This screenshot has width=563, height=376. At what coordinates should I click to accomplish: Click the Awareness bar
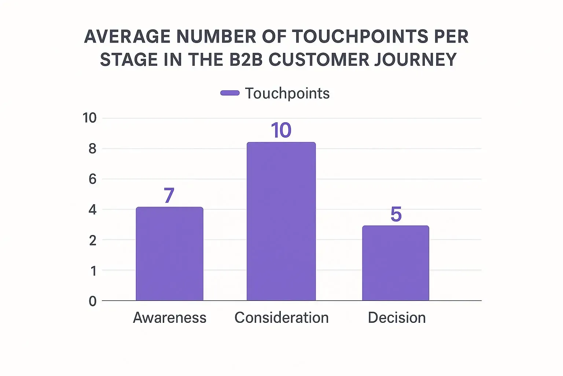169,254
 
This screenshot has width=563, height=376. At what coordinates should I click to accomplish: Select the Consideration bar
281,221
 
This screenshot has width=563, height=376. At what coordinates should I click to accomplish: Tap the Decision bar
395,263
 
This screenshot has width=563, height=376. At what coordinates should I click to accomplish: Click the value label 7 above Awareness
169,195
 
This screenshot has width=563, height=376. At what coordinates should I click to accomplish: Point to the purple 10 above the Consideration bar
281,130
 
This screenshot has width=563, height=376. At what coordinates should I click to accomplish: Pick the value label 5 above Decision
396,214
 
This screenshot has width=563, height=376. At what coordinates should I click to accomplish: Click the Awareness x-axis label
169,318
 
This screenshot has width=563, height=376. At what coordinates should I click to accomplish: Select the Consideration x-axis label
281,318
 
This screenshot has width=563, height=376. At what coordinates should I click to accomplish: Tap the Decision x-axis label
397,318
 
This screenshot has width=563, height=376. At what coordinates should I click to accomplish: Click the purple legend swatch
230,93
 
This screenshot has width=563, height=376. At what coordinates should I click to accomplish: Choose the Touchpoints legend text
287,93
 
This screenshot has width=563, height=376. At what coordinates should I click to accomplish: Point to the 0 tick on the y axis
93,301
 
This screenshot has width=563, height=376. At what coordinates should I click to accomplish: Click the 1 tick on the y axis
93,271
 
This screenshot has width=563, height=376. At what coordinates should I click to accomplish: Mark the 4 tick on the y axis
93,210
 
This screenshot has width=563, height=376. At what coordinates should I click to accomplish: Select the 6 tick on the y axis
93,179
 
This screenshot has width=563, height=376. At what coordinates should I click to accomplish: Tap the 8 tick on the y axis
93,149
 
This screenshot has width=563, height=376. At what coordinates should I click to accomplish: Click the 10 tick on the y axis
89,118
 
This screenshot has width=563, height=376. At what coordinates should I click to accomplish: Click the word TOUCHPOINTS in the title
360,36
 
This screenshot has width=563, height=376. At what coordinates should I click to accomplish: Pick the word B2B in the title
246,59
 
